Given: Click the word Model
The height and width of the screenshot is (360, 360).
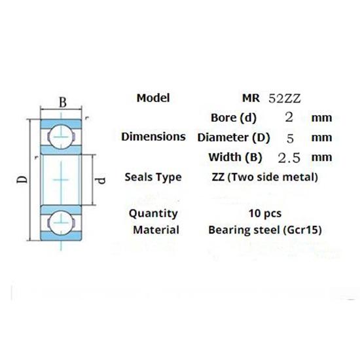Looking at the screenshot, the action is coord(153,98).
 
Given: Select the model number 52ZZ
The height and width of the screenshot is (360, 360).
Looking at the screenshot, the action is coord(285,99).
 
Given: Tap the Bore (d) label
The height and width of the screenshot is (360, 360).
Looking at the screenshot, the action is coord(234,118).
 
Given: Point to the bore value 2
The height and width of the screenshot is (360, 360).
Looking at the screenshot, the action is coord(289,117).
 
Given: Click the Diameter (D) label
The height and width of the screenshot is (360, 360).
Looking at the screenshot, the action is coord(234,137).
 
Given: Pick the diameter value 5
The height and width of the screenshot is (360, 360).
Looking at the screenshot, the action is coord(290,139).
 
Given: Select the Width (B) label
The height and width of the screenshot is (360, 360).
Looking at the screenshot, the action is coord(235,158).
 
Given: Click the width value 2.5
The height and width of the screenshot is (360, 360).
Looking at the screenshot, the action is coord(289,158).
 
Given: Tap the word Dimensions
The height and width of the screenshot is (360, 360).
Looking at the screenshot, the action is coord(153,137).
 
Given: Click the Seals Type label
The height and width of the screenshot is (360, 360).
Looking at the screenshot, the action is coord(153,177).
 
